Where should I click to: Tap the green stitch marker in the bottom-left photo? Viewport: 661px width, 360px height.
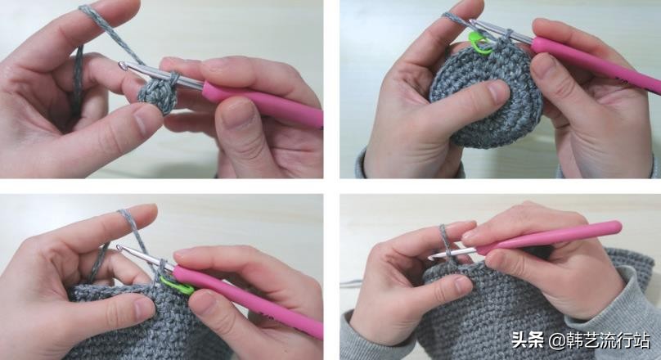point(178,286)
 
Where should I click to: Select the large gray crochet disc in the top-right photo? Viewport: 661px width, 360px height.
point(486,95)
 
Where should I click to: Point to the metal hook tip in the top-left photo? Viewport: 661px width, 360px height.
point(122,65)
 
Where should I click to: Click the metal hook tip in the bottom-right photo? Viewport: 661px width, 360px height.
point(431,256)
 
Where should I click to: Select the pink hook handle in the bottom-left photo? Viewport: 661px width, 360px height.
point(247,299)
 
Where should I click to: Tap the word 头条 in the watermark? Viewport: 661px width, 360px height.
point(528,340)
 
